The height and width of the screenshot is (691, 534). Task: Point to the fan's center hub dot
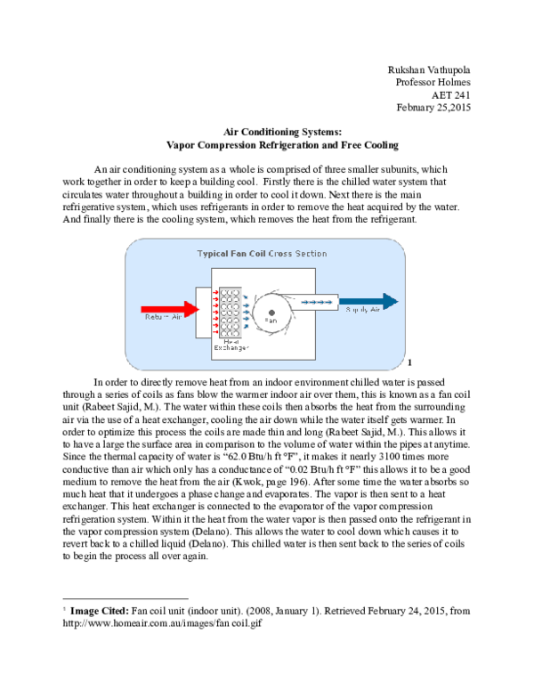tap(271, 312)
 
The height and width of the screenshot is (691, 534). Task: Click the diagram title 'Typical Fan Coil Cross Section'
tap(262, 254)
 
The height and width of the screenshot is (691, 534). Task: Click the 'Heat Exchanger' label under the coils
tap(230, 344)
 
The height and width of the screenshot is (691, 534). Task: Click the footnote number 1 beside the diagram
tap(409, 362)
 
